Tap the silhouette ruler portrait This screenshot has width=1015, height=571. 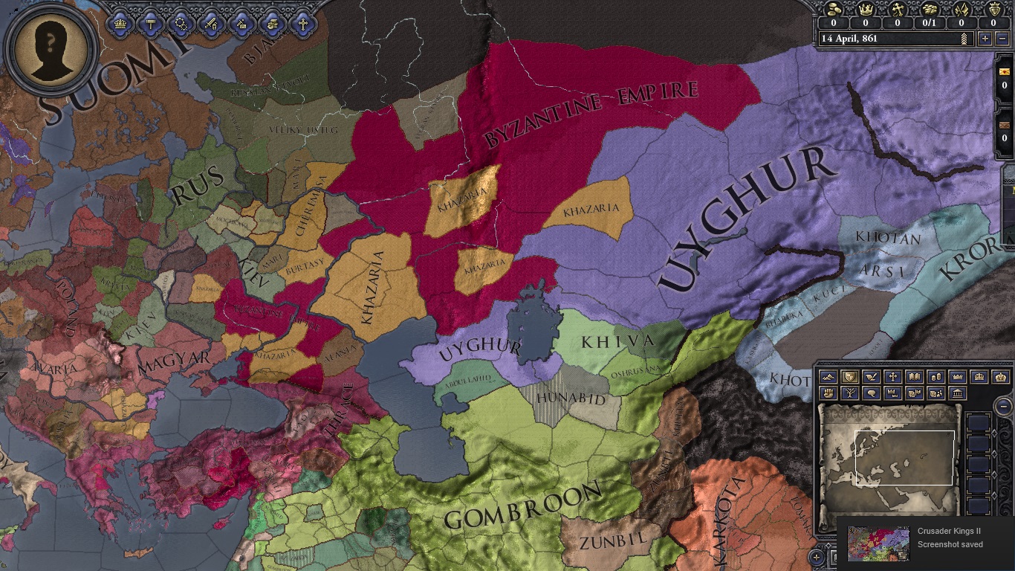(51, 50)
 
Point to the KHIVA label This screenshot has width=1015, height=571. (617, 342)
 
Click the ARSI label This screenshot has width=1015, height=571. (882, 271)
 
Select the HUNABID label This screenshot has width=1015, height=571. (571, 399)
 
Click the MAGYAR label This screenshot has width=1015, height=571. (174, 361)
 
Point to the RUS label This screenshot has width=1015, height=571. (198, 186)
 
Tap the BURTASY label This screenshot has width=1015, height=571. (304, 263)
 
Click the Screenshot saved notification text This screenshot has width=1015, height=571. (950, 544)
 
